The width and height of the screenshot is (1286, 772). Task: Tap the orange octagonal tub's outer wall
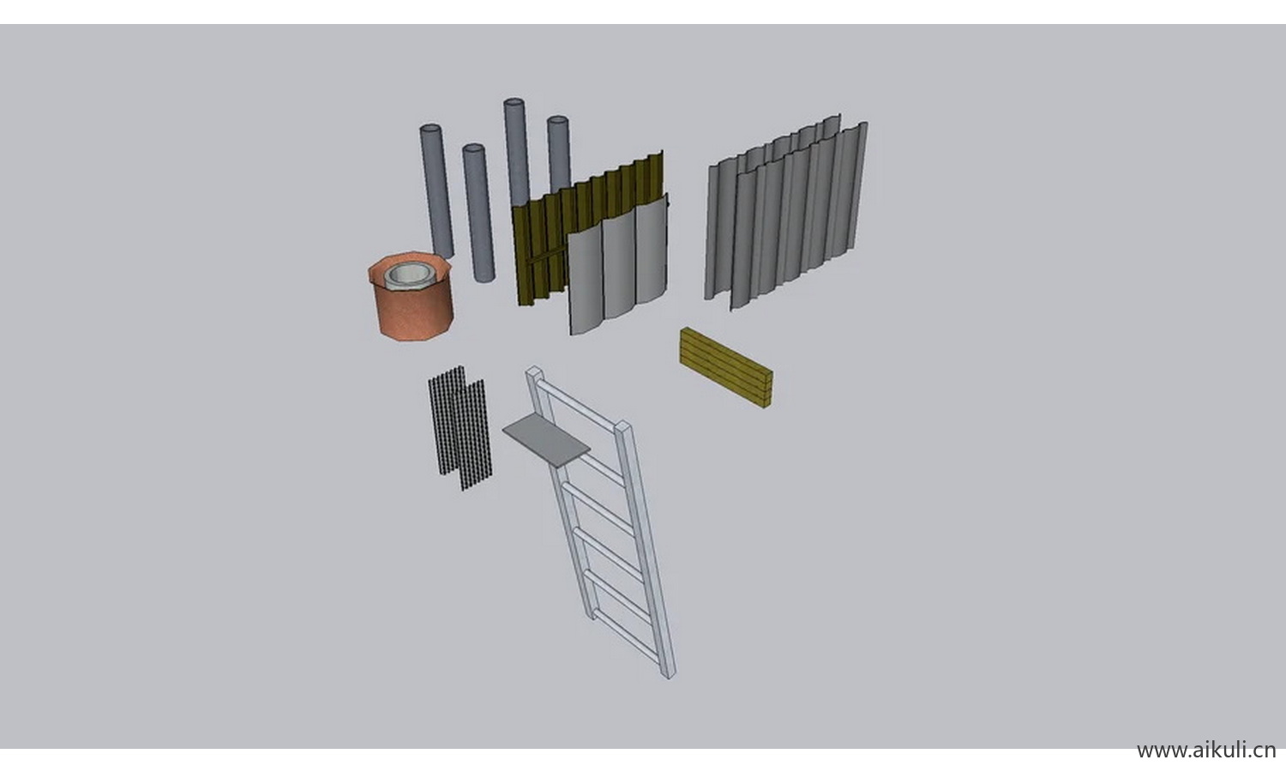[x=413, y=313]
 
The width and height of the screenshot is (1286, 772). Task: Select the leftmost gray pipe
[x=437, y=191]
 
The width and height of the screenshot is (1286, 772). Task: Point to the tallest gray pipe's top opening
[x=514, y=103]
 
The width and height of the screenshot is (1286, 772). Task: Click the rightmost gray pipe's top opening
[x=557, y=121]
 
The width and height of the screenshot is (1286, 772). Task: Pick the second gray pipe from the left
[x=478, y=213]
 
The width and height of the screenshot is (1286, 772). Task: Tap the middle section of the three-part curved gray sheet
[x=619, y=265]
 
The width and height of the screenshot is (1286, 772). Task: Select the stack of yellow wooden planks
[x=726, y=368]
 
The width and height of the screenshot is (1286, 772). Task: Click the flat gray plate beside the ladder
[x=546, y=440]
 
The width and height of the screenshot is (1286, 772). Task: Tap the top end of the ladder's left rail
[x=534, y=371]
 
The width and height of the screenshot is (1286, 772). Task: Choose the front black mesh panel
[x=474, y=435]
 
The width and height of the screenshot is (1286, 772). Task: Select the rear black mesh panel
[x=447, y=419]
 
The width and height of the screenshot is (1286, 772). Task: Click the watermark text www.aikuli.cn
[x=1206, y=750]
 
